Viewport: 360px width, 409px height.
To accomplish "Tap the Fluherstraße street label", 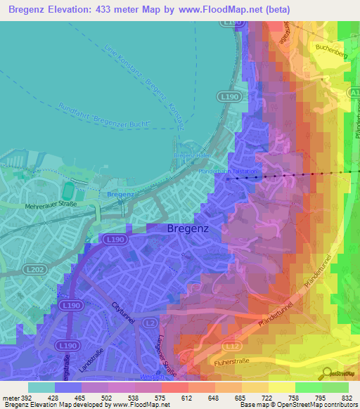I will click(269, 364).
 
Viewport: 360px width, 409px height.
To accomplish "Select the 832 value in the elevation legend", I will click(348, 397).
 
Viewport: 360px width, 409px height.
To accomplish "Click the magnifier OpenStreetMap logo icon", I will click(326, 372).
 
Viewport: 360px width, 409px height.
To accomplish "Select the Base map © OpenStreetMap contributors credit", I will click(298, 405).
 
